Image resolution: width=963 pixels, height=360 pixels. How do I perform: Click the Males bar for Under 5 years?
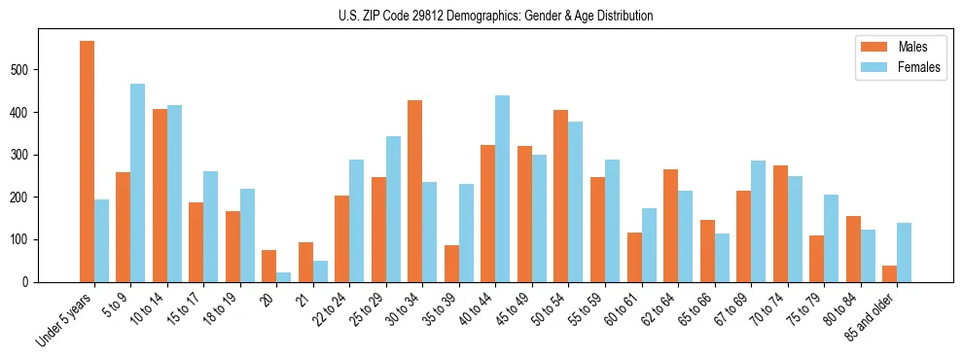click(x=87, y=162)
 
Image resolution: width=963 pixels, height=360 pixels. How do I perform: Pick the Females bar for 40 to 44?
click(x=503, y=189)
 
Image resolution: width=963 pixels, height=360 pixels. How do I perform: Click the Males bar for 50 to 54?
click(x=561, y=196)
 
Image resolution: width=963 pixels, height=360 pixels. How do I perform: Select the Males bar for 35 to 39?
click(x=451, y=263)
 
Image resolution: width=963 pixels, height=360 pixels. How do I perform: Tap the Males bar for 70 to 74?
click(x=780, y=224)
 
